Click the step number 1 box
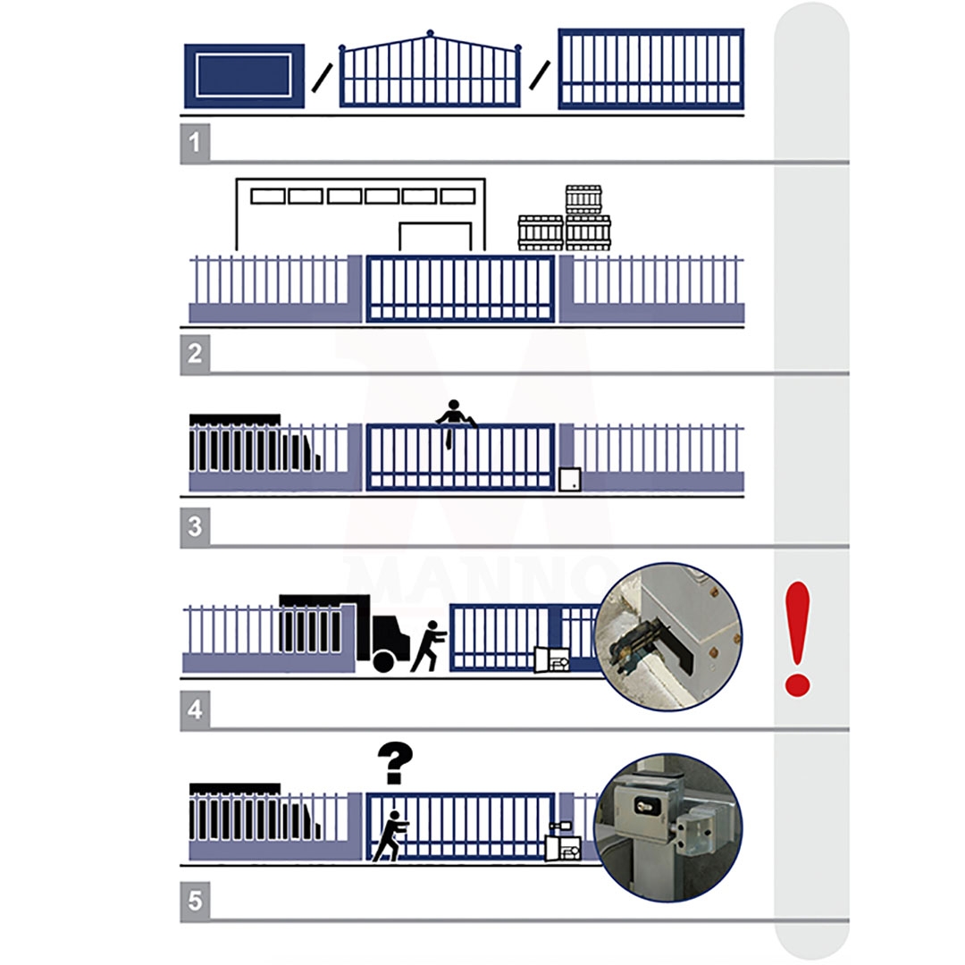tap(195, 143)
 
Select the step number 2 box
tap(195, 354)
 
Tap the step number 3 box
tap(195, 527)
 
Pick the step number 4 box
tap(195, 710)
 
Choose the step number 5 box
tap(195, 902)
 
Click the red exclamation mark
tap(798, 639)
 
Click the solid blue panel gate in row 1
tap(244, 76)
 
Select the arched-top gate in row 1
tap(430, 69)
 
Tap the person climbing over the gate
tap(455, 422)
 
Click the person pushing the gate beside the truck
tap(428, 646)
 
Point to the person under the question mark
tap(390, 836)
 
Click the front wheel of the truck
tap(383, 661)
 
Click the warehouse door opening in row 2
tap(436, 237)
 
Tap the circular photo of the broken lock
tap(669, 636)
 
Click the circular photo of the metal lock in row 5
tap(669, 827)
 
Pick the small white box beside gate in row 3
tap(570, 480)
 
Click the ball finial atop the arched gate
tap(430, 33)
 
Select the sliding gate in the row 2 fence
tap(460, 289)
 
